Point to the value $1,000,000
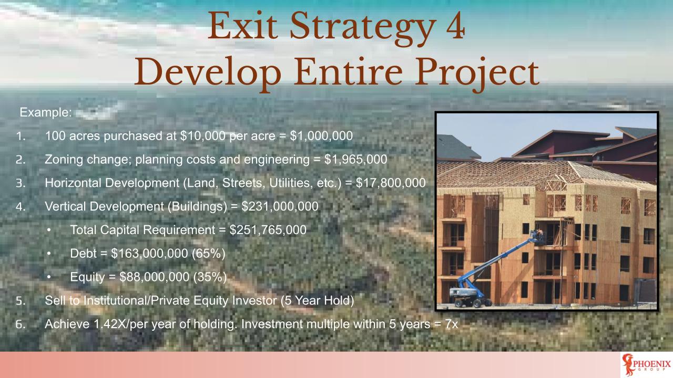coord(321,135)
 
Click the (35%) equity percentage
coord(210,277)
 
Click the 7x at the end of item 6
coord(452,324)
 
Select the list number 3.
coord(20,183)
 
